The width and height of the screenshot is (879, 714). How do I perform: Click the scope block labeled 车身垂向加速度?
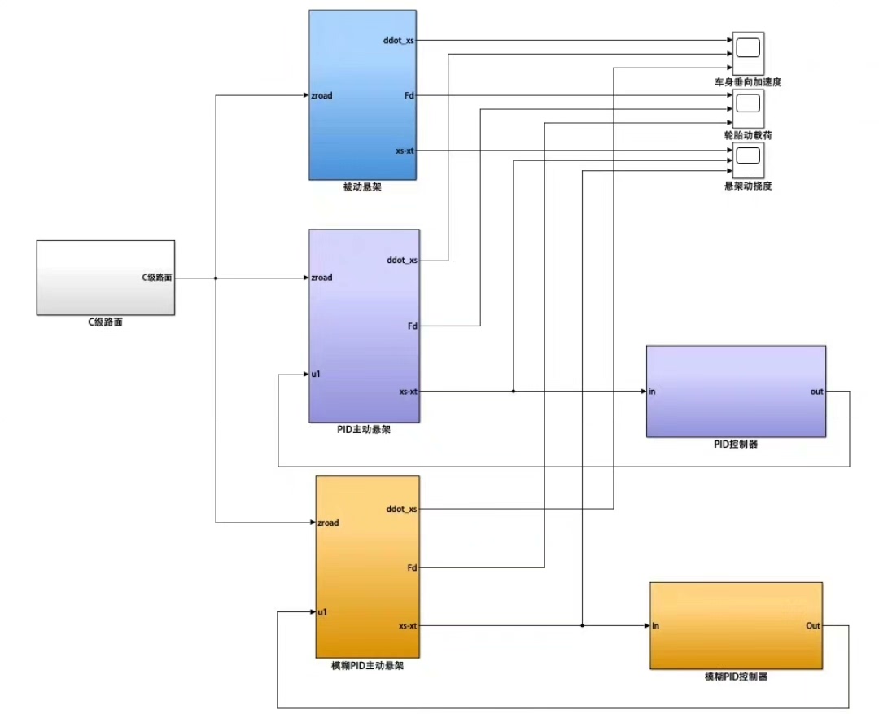point(749,53)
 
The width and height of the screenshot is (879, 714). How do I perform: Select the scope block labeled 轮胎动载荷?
point(749,108)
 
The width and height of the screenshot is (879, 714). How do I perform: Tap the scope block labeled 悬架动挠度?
point(749,160)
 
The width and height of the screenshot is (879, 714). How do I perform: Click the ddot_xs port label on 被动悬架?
point(399,41)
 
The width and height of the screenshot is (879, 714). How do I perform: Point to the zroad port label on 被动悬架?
point(321,95)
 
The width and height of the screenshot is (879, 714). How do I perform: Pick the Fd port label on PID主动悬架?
point(413,326)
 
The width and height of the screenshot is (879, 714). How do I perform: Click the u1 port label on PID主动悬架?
point(316,375)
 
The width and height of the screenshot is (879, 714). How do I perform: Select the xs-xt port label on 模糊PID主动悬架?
point(408,626)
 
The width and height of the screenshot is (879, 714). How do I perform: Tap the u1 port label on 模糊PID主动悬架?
point(322,612)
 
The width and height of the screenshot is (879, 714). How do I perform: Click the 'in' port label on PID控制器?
point(652,392)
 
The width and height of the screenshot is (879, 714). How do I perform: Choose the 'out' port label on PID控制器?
point(817,392)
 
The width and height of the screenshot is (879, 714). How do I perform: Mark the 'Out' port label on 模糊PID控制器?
point(813,626)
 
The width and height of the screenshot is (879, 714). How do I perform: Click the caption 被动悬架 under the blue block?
point(362,186)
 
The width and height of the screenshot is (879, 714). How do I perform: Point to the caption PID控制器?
point(736,445)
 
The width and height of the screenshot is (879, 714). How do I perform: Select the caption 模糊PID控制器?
point(736,677)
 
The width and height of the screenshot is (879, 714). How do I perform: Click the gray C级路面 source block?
point(105,278)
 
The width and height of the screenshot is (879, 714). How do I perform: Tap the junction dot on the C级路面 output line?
point(216,278)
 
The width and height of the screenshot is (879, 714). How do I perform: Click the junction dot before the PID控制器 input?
point(514,392)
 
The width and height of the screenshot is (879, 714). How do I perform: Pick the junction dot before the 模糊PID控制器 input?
point(583,626)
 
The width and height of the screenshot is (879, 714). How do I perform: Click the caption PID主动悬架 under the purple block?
point(363,430)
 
